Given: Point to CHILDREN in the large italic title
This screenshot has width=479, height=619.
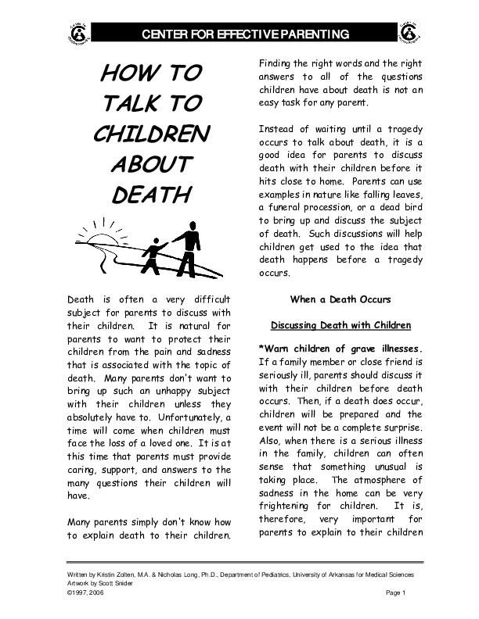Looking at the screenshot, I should coord(151,134).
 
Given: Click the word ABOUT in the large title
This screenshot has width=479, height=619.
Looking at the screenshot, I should coord(151,164).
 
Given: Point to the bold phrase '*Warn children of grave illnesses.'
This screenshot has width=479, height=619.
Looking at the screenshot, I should coord(340,348).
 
